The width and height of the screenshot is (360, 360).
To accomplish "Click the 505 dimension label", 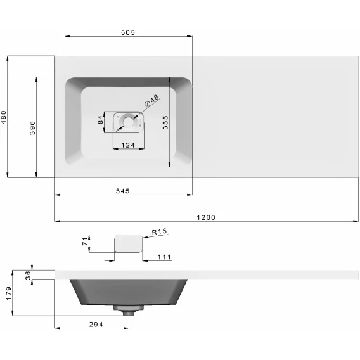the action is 128,32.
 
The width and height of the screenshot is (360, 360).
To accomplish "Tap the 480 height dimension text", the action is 4,117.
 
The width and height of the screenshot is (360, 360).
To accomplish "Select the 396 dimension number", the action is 32,128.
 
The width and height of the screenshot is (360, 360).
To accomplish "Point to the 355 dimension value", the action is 165,122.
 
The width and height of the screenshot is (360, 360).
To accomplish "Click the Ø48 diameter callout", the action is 151,101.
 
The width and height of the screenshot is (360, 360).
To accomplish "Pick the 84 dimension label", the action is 100,120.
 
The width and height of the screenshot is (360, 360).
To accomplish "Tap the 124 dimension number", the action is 128,145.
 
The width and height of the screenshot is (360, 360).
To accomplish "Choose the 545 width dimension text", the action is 122,191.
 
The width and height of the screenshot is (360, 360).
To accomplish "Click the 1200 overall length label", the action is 206,217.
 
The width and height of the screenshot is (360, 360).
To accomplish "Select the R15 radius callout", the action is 159,232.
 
